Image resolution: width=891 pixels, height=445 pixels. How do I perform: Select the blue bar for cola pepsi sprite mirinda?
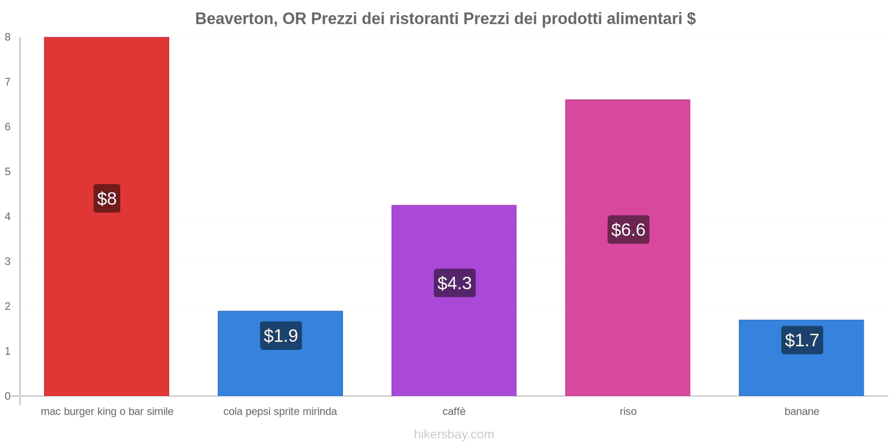(280, 370)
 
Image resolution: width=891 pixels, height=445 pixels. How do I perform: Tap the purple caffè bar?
(454, 345)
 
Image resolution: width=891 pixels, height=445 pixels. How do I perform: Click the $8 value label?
(106, 199)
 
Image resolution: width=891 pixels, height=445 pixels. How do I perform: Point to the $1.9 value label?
(281, 336)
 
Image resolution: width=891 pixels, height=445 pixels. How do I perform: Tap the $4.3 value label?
(454, 283)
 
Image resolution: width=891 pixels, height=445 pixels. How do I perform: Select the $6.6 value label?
(628, 230)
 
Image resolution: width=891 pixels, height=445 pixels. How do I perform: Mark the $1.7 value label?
(802, 340)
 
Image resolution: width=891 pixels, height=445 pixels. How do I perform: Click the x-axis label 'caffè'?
(454, 412)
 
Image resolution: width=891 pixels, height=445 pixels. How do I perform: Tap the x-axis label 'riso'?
(628, 412)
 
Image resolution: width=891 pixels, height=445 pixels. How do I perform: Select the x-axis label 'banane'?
(801, 412)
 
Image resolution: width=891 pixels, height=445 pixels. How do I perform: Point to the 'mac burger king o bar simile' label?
(107, 412)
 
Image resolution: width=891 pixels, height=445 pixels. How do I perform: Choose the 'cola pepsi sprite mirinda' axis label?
(280, 412)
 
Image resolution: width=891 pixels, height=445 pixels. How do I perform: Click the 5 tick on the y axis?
(8, 171)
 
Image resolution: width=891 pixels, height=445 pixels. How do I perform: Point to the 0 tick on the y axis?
(8, 396)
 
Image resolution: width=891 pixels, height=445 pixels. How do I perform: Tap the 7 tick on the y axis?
(8, 82)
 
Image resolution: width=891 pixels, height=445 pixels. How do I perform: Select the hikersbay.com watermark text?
(454, 434)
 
